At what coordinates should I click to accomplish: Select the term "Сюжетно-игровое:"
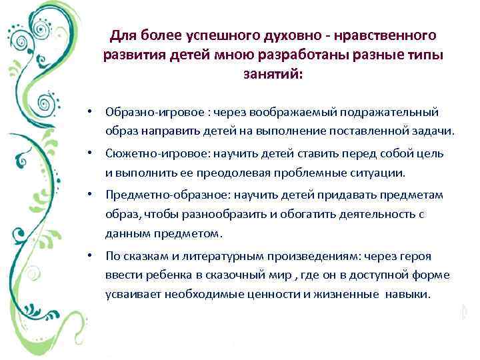tap(147, 154)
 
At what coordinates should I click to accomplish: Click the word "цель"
tap(429, 154)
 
